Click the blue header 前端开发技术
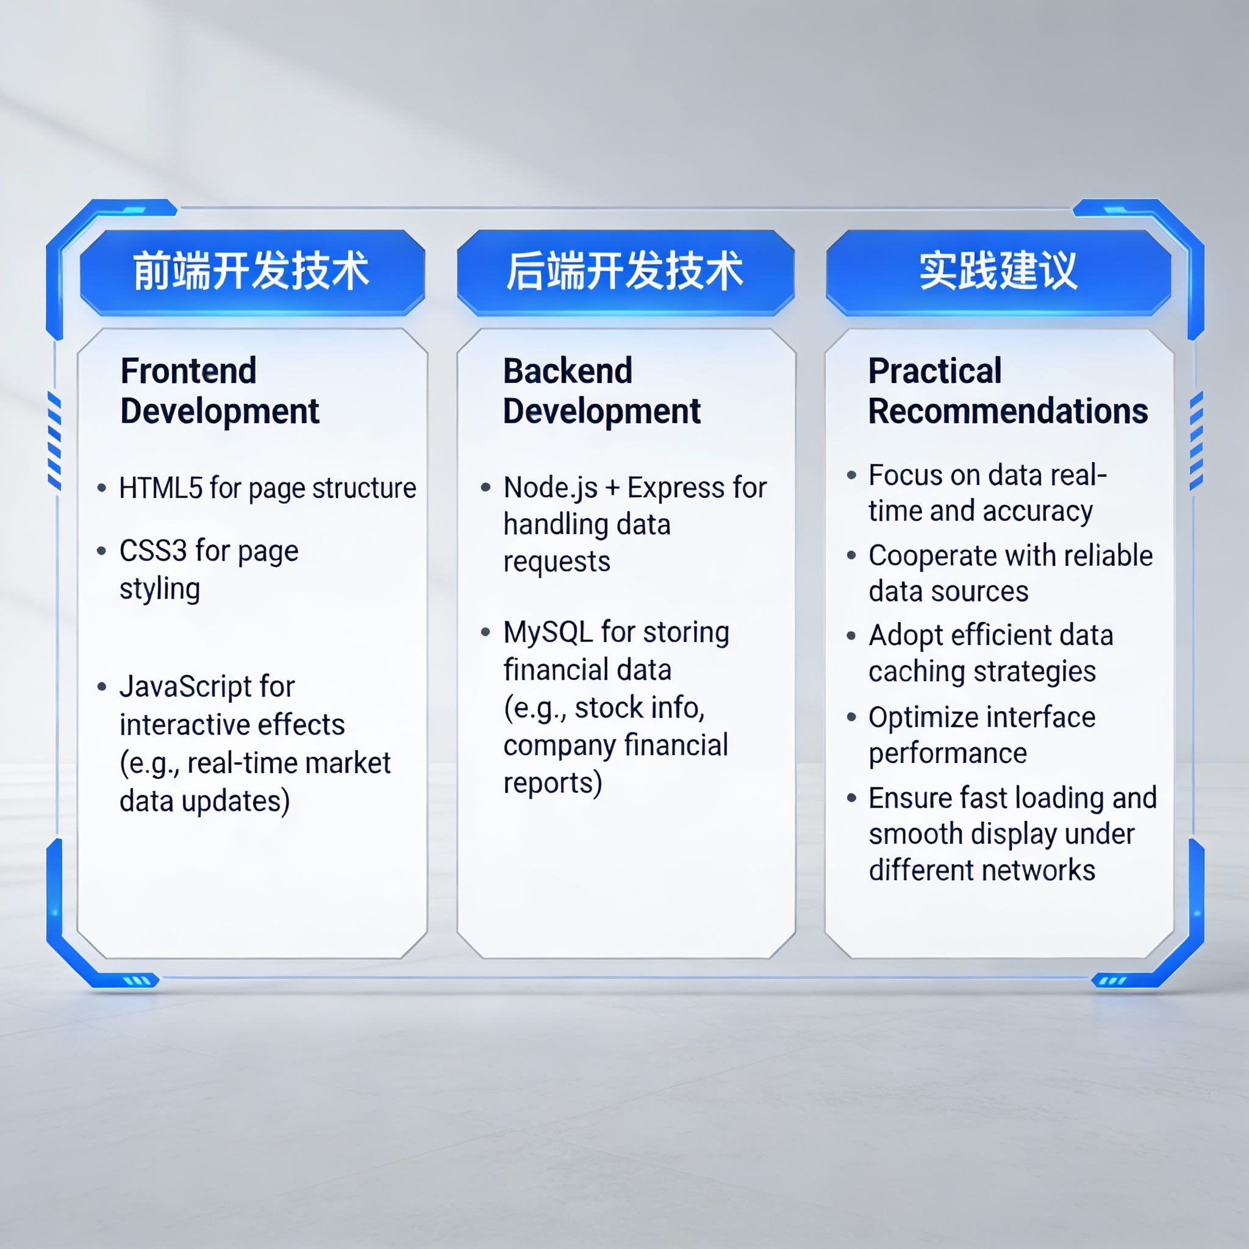click(252, 271)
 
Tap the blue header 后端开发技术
click(625, 271)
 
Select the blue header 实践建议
click(998, 271)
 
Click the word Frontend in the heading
click(189, 371)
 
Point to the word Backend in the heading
click(568, 371)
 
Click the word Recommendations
click(1008, 411)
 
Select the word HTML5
click(161, 488)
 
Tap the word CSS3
click(153, 551)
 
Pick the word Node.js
click(551, 488)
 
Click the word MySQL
click(548, 632)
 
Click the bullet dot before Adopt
click(851, 636)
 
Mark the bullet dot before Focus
click(851, 476)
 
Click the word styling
click(160, 590)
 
